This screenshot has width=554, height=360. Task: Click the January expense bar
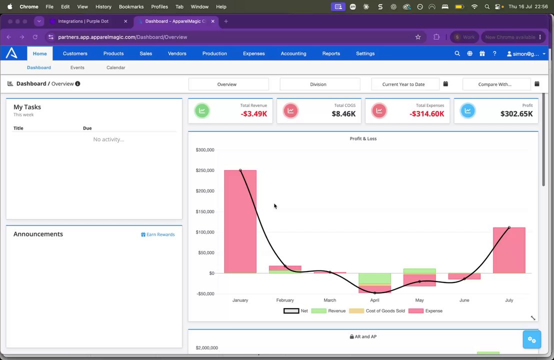pyautogui.click(x=240, y=221)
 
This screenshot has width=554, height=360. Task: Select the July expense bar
pyautogui.click(x=509, y=250)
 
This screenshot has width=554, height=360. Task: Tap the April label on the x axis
pyautogui.click(x=374, y=300)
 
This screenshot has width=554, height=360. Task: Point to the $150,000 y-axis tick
pyautogui.click(x=205, y=211)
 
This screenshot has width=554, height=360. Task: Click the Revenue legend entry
pyautogui.click(x=328, y=311)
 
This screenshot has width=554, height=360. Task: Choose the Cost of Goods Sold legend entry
pyautogui.click(x=377, y=311)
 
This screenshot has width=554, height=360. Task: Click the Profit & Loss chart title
pyautogui.click(x=363, y=138)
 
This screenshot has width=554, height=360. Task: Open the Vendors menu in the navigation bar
pyautogui.click(x=177, y=53)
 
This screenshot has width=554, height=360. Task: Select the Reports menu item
pyautogui.click(x=331, y=53)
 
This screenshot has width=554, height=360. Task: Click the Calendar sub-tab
pyautogui.click(x=116, y=67)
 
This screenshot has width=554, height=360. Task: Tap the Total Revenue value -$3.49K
pyautogui.click(x=253, y=114)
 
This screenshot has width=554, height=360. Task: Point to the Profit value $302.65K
pyautogui.click(x=516, y=114)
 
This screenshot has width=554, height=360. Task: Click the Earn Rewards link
pyautogui.click(x=158, y=234)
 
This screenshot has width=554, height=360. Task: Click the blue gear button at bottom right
pyautogui.click(x=531, y=339)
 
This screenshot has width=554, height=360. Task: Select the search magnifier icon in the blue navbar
pyautogui.click(x=457, y=53)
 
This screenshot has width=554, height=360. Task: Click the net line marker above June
pyautogui.click(x=464, y=279)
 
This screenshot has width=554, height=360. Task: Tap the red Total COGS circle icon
pyautogui.click(x=290, y=111)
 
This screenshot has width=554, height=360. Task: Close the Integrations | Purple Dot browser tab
pyautogui.click(x=125, y=21)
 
